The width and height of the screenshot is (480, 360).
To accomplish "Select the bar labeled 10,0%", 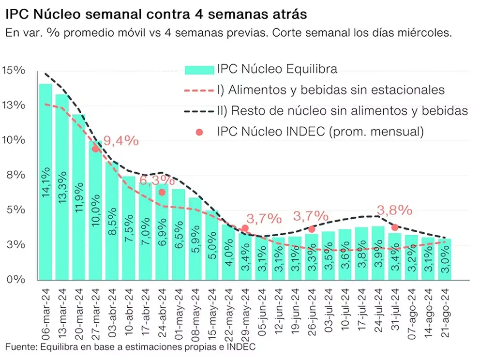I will (x=95, y=213).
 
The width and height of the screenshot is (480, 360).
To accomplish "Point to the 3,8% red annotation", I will (x=394, y=210).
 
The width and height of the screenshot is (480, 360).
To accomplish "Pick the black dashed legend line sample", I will (x=199, y=111).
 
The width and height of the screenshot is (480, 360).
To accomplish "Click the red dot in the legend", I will (x=199, y=132).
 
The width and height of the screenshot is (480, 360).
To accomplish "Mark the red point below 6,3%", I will (x=162, y=192).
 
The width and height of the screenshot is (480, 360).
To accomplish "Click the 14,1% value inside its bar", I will (x=45, y=188).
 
